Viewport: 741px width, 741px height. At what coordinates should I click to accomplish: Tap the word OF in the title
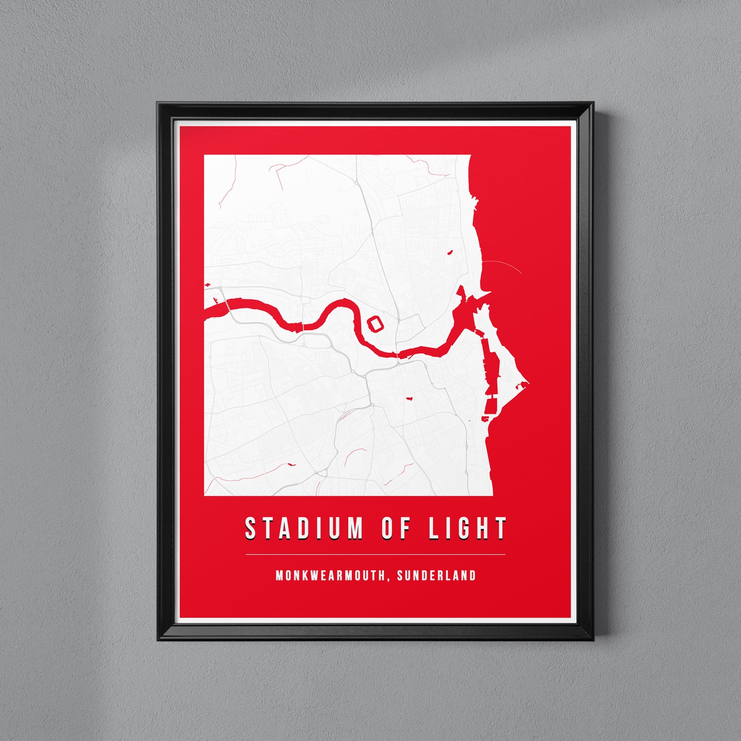[x=396, y=528]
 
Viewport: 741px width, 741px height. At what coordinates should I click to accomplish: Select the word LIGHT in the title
[x=468, y=528]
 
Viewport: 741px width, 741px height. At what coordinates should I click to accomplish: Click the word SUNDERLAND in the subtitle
[x=436, y=575]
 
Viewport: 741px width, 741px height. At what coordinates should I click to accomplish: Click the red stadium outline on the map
[x=376, y=324]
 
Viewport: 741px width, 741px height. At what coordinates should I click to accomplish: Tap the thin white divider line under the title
[x=375, y=554]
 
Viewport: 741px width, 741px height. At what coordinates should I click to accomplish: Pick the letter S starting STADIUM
[x=250, y=528]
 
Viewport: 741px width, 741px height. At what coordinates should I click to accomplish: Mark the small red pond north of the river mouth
[x=450, y=252]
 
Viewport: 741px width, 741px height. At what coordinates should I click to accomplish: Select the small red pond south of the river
[x=410, y=398]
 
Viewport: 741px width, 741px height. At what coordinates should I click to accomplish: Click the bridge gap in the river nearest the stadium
[x=397, y=354]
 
